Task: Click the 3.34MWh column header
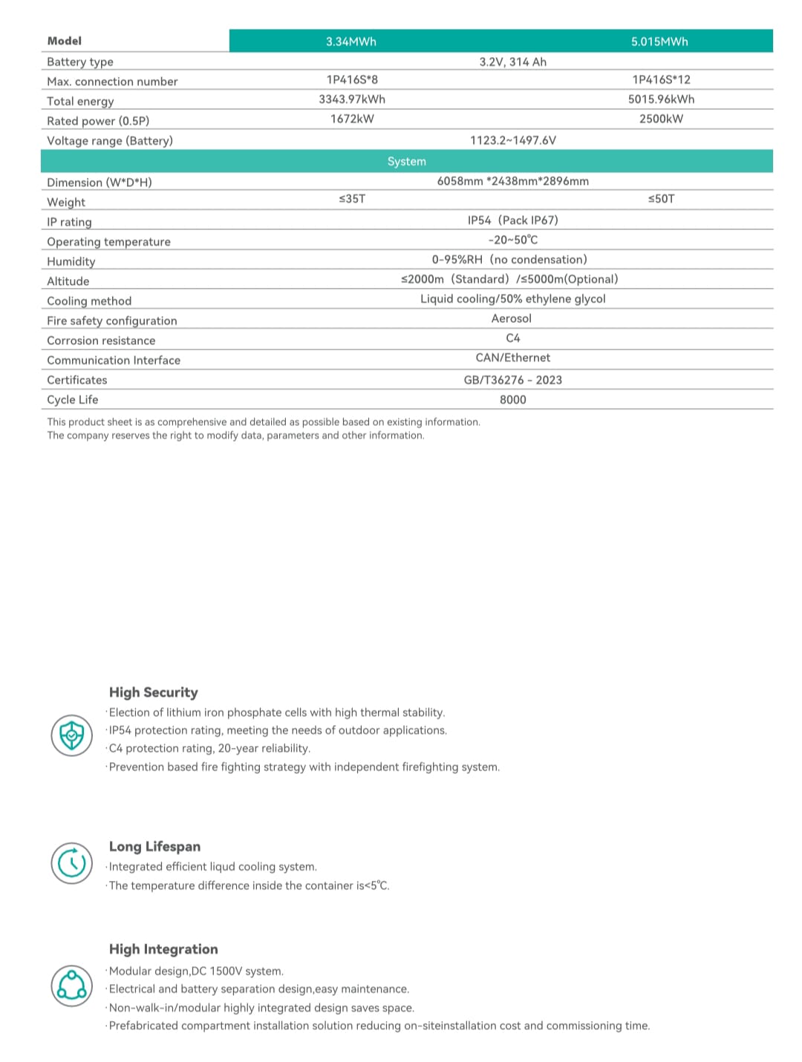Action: coord(351,42)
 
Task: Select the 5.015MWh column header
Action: coord(659,42)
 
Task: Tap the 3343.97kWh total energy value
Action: coord(352,99)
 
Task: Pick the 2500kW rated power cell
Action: coord(661,119)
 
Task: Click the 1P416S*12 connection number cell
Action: coord(661,79)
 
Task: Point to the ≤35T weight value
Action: coord(352,199)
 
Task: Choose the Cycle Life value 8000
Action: coord(512,400)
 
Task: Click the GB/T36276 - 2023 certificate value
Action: coord(512,380)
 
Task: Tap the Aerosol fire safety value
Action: coord(512,318)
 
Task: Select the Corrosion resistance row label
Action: coord(101,341)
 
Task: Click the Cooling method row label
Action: coord(89,301)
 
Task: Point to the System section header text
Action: coord(407,162)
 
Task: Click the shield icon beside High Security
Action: coord(72,735)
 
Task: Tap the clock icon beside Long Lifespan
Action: coord(72,863)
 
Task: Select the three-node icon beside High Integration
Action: coord(72,986)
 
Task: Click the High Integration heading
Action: coord(163,949)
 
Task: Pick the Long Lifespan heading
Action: coord(154,847)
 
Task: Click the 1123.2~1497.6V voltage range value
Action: coord(512,140)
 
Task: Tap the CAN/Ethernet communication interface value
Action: coord(512,358)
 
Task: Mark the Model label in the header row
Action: coord(65,42)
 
